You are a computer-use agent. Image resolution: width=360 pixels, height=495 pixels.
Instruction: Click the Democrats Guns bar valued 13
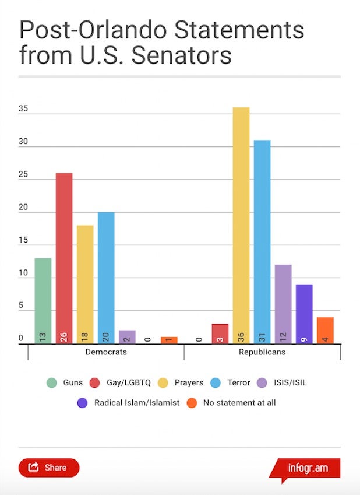pos(43,301)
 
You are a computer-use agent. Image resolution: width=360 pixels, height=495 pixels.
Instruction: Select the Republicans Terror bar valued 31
pos(262,242)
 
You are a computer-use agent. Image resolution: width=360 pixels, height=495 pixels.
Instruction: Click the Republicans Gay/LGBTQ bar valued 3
pos(220,333)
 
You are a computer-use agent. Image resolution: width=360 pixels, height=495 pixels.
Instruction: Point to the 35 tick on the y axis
pos(23,109)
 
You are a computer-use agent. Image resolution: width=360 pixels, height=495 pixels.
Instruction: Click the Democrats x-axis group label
pos(106,353)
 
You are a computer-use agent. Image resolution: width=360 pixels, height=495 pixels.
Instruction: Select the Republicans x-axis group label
pos(262,353)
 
